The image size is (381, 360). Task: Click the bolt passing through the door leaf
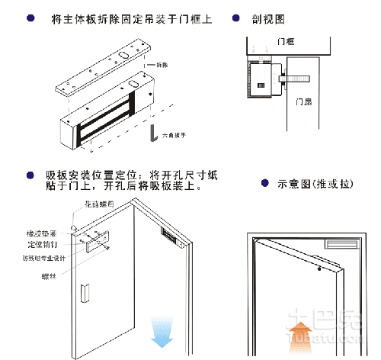click(x=294, y=77)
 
